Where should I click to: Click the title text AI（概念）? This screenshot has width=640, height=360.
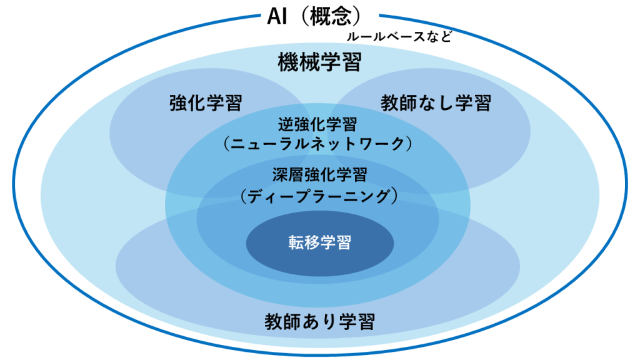point(315,17)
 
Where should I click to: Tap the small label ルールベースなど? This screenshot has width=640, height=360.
point(399,37)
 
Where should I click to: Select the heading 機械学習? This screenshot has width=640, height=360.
point(319,62)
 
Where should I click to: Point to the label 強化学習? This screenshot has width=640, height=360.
point(206,103)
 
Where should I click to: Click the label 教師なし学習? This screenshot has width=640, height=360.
point(436,103)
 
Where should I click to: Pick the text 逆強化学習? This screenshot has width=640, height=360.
point(317,124)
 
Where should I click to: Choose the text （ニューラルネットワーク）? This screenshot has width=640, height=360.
point(317,144)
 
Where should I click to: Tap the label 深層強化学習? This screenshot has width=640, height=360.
point(319,175)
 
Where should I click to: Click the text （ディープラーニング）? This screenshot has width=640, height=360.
point(319,196)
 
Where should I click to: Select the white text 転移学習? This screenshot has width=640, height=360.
point(319,242)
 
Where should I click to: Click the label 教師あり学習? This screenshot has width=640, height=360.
point(319,322)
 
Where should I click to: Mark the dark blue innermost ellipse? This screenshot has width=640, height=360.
point(320,243)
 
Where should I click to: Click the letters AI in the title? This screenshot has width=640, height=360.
point(277,17)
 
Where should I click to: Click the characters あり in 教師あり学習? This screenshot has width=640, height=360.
point(319,322)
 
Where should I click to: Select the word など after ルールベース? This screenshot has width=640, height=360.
point(440,37)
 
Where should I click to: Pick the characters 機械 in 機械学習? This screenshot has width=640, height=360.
point(298,62)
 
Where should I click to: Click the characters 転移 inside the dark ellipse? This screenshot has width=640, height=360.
point(304,242)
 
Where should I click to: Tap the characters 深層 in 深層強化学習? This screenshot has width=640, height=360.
point(287,175)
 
